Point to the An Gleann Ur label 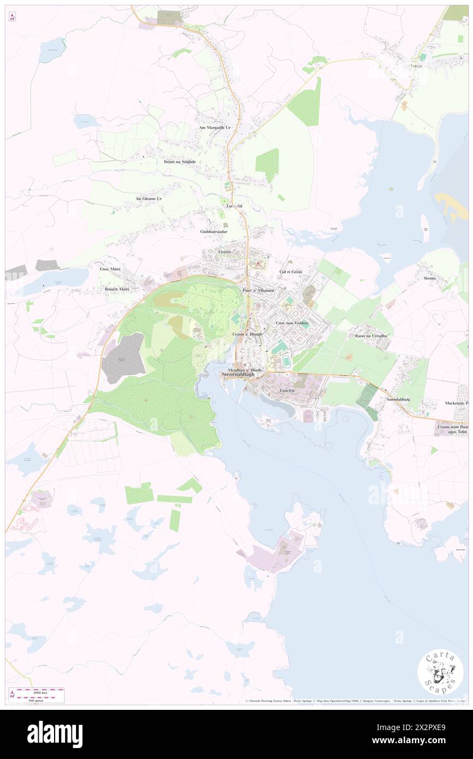pos(149,199)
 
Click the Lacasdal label pos(234,206)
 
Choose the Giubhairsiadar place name pos(214,232)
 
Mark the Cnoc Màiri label pos(109,269)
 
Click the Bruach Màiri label pos(116,288)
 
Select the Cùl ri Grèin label pos(291,271)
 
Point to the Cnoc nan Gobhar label pos(292,323)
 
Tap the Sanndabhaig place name pos(399,399)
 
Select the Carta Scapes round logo pos(440,673)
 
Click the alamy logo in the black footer pos(55,734)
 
